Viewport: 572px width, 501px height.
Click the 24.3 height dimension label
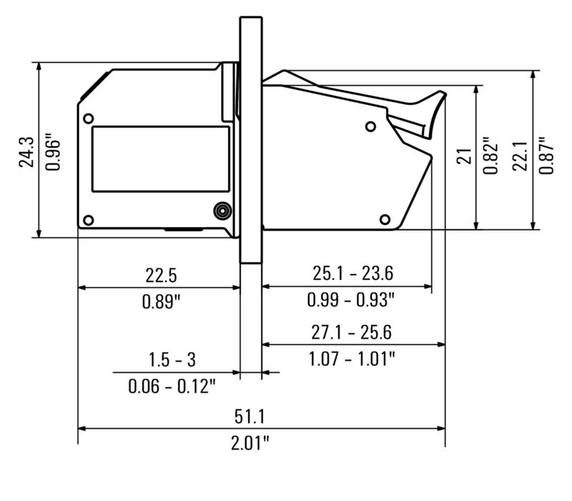[26, 152]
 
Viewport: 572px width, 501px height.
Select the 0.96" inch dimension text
[53, 155]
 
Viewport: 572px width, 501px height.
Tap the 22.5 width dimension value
[161, 276]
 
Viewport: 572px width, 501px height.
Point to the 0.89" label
[162, 301]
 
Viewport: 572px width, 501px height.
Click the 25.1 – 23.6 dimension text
[352, 273]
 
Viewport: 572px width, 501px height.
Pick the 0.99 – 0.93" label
[351, 300]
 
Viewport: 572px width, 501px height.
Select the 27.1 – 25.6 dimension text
[351, 332]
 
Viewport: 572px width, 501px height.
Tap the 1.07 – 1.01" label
[352, 359]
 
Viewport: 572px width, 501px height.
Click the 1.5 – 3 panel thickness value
[172, 360]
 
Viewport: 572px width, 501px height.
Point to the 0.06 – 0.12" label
[172, 386]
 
